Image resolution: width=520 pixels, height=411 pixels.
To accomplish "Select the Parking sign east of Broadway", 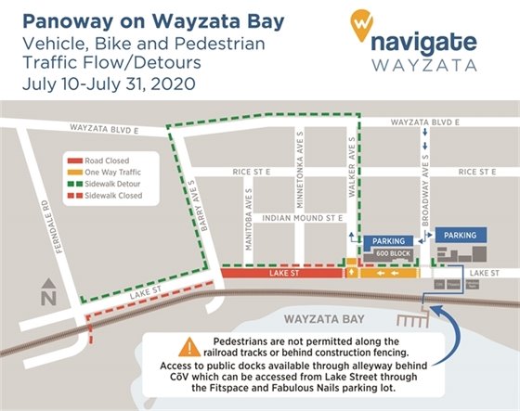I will (461, 235).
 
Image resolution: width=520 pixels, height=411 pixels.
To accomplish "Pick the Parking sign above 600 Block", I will (383, 239).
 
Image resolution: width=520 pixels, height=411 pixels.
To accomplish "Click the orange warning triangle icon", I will (188, 348).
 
